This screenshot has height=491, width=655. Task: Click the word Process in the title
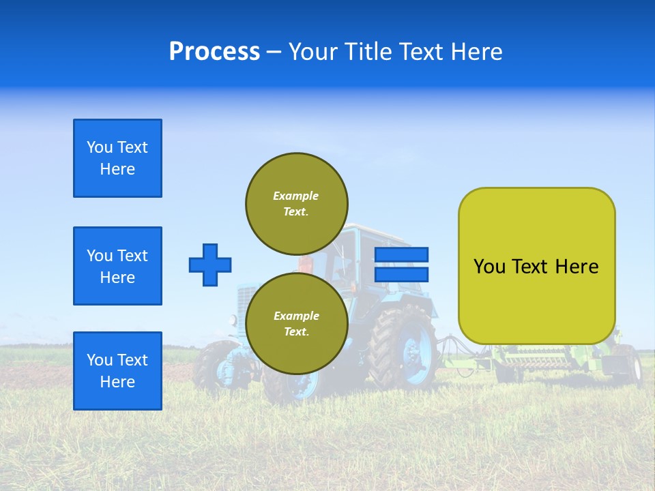pos(214,52)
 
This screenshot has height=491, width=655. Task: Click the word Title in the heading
pos(366,52)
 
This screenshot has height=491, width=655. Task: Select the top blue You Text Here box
pos(117,158)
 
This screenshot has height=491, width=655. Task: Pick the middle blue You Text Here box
pos(117,266)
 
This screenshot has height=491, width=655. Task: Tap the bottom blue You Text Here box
pos(117,371)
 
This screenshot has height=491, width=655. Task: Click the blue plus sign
pos(210,265)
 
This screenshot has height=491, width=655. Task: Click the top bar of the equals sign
pos(402,255)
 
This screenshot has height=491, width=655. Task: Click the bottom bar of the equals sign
pos(402,275)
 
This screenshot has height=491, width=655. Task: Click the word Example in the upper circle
pos(295,196)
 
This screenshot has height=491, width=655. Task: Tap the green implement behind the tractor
pos(539,358)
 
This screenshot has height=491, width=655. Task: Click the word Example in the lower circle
pos(296,316)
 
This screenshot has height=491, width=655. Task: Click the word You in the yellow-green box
pos(490,267)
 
